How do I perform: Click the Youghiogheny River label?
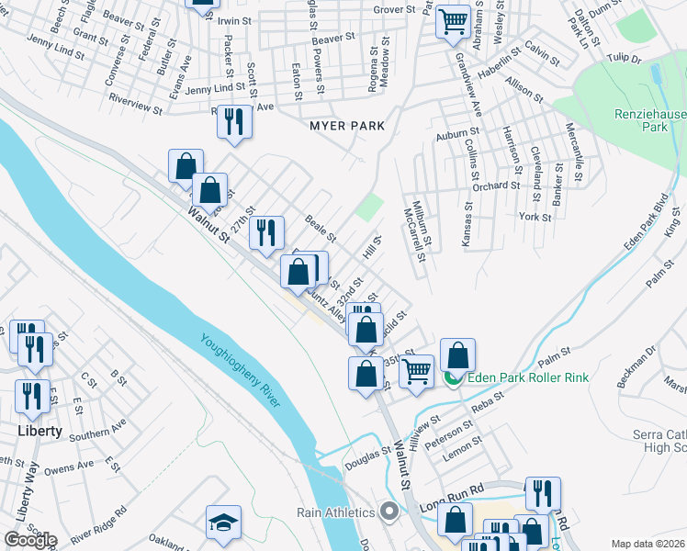(x=242, y=370)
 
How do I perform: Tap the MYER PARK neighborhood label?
(x=346, y=125)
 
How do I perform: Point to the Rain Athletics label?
(x=334, y=512)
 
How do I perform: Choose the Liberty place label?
(x=39, y=430)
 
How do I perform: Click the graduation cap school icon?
(x=223, y=523)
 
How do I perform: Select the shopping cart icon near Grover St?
(x=453, y=20)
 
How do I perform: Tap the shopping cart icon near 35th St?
(x=416, y=371)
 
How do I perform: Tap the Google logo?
(x=29, y=539)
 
